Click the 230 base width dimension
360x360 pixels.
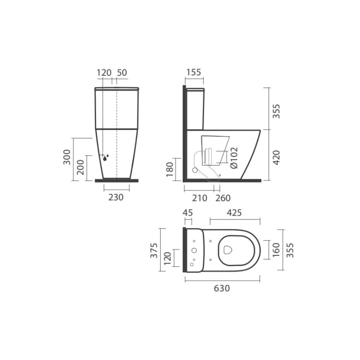point(116,197)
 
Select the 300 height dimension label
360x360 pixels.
point(67,157)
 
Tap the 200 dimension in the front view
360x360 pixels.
point(81,167)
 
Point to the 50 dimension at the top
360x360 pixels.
point(122,72)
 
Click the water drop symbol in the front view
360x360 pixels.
point(106,158)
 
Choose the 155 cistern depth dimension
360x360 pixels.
point(194,72)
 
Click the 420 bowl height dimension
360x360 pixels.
point(276,158)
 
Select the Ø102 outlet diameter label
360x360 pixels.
point(234,158)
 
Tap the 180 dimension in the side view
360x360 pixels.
point(170,169)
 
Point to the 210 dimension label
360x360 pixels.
point(199,198)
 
